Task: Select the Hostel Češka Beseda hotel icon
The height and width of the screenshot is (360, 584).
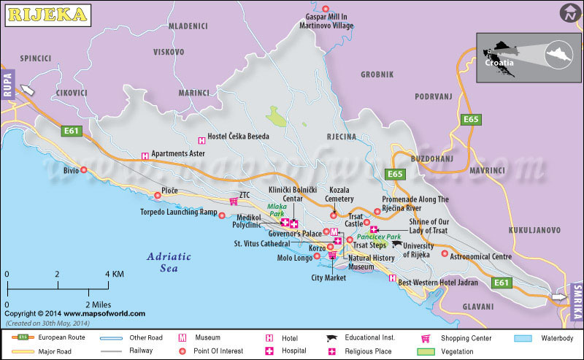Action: click(201, 140)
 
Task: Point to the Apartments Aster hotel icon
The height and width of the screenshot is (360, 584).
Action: click(145, 156)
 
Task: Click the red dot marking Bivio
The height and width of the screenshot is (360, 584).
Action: click(84, 170)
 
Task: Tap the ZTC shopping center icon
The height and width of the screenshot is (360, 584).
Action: click(234, 202)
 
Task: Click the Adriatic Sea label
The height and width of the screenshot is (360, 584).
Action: click(169, 262)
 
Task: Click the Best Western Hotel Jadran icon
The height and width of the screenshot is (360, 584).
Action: click(393, 278)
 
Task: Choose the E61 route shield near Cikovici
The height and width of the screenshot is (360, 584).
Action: click(71, 131)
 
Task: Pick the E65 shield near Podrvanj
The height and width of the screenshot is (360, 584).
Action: click(471, 119)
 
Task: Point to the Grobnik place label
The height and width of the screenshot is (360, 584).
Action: click(377, 74)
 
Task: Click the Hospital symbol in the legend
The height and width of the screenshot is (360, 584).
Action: click(269, 351)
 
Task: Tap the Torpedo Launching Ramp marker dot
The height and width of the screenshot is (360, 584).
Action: click(222, 215)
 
